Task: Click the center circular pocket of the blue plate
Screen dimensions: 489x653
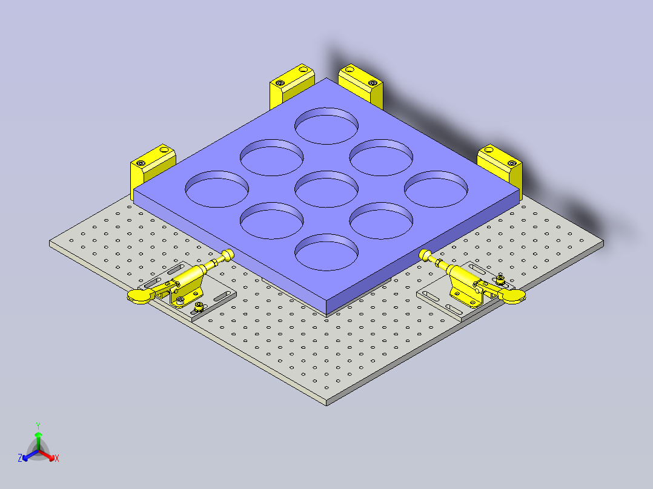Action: [326, 189]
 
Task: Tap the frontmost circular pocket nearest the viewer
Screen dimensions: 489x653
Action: [326, 252]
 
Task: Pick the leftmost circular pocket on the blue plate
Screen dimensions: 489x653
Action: [217, 189]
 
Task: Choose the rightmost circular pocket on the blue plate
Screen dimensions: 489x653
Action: [436, 189]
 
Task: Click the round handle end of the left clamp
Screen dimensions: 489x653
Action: [138, 295]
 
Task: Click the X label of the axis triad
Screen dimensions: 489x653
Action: [57, 459]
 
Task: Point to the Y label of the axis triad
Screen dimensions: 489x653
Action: [38, 425]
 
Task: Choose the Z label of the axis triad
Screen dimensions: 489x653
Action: [20, 459]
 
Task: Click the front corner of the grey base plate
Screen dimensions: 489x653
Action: [326, 402]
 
